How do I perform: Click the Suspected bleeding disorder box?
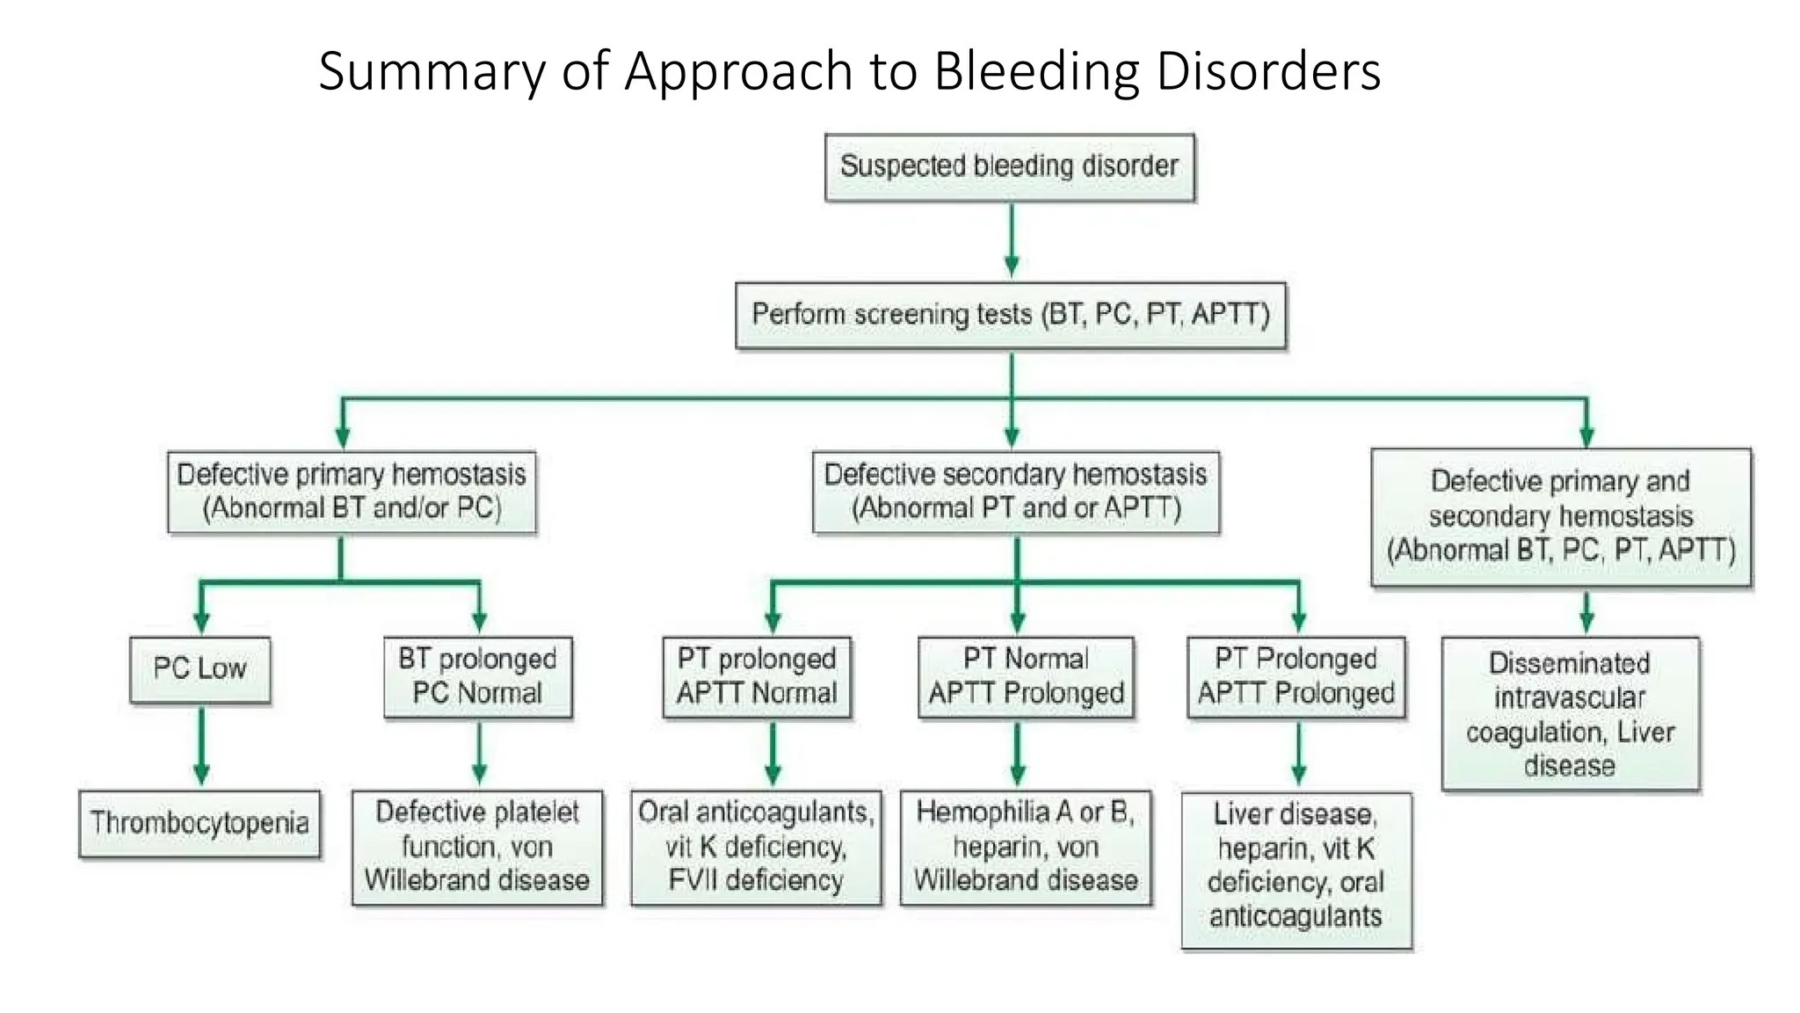coord(1009,167)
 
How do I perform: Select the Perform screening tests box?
coord(1010,315)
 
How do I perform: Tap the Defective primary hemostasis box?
coord(352,492)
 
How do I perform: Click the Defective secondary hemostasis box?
coord(1015,492)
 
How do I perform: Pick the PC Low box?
coord(200,669)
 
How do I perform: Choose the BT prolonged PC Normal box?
coord(477,676)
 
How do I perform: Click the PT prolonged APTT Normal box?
coord(757,676)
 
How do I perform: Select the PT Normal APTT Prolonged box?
coord(1026,676)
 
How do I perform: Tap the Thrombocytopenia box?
coord(200,823)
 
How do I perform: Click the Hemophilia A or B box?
coord(1025,846)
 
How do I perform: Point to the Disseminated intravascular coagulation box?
coord(1570,714)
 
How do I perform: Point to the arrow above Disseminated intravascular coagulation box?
coord(1586,612)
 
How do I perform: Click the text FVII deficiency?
coord(755,880)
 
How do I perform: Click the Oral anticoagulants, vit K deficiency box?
coord(756,846)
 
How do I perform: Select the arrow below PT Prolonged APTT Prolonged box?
coord(1298,754)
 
